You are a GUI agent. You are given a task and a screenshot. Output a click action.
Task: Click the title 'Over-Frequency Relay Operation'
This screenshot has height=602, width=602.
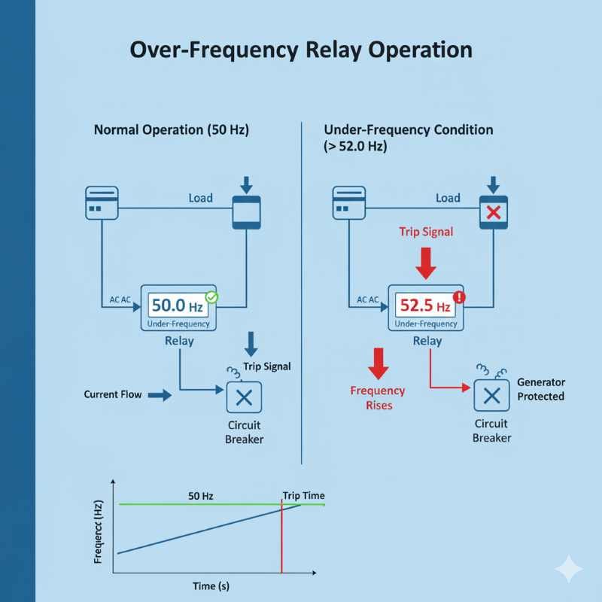click(301, 50)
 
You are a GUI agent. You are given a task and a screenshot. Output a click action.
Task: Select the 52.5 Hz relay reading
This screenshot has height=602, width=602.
click(426, 306)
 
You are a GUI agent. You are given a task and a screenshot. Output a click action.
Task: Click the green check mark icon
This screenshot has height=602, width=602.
click(211, 298)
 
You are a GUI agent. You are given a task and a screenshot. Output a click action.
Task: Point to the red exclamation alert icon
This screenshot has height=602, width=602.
click(460, 297)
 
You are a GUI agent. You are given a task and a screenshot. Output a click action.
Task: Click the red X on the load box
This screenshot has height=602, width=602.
click(494, 213)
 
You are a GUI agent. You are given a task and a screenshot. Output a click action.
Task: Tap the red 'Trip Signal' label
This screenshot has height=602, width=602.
click(426, 232)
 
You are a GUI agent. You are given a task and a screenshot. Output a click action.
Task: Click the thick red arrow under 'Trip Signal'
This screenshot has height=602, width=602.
click(426, 263)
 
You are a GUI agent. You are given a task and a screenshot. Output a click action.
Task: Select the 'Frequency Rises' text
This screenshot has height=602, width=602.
click(378, 397)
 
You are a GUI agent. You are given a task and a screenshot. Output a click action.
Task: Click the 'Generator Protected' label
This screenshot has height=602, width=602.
click(540, 389)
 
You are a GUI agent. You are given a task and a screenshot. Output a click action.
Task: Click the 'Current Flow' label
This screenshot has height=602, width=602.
click(113, 394)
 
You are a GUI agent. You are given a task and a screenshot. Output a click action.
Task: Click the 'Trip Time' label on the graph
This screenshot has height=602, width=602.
click(303, 495)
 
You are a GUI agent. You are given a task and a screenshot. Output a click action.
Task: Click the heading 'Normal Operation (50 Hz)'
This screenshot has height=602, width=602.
click(171, 129)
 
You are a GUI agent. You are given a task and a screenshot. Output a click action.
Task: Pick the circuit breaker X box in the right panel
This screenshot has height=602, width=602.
click(491, 395)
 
